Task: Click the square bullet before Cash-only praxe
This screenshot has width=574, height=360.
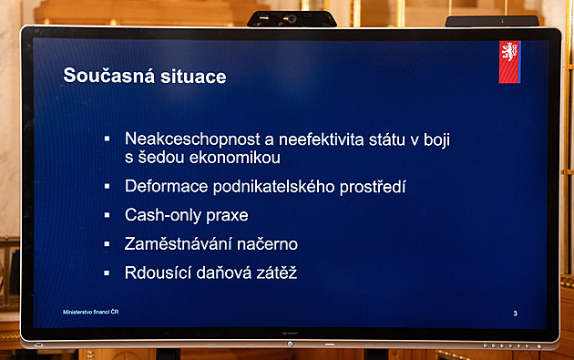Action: coord(107,216)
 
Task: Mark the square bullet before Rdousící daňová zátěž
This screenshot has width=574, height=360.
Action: coord(107,272)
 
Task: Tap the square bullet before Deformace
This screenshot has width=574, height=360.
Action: coord(107,187)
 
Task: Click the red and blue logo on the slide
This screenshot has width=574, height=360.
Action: coord(509,62)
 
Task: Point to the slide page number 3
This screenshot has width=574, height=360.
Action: coord(516,314)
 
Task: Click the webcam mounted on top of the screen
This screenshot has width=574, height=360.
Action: coord(292,18)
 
